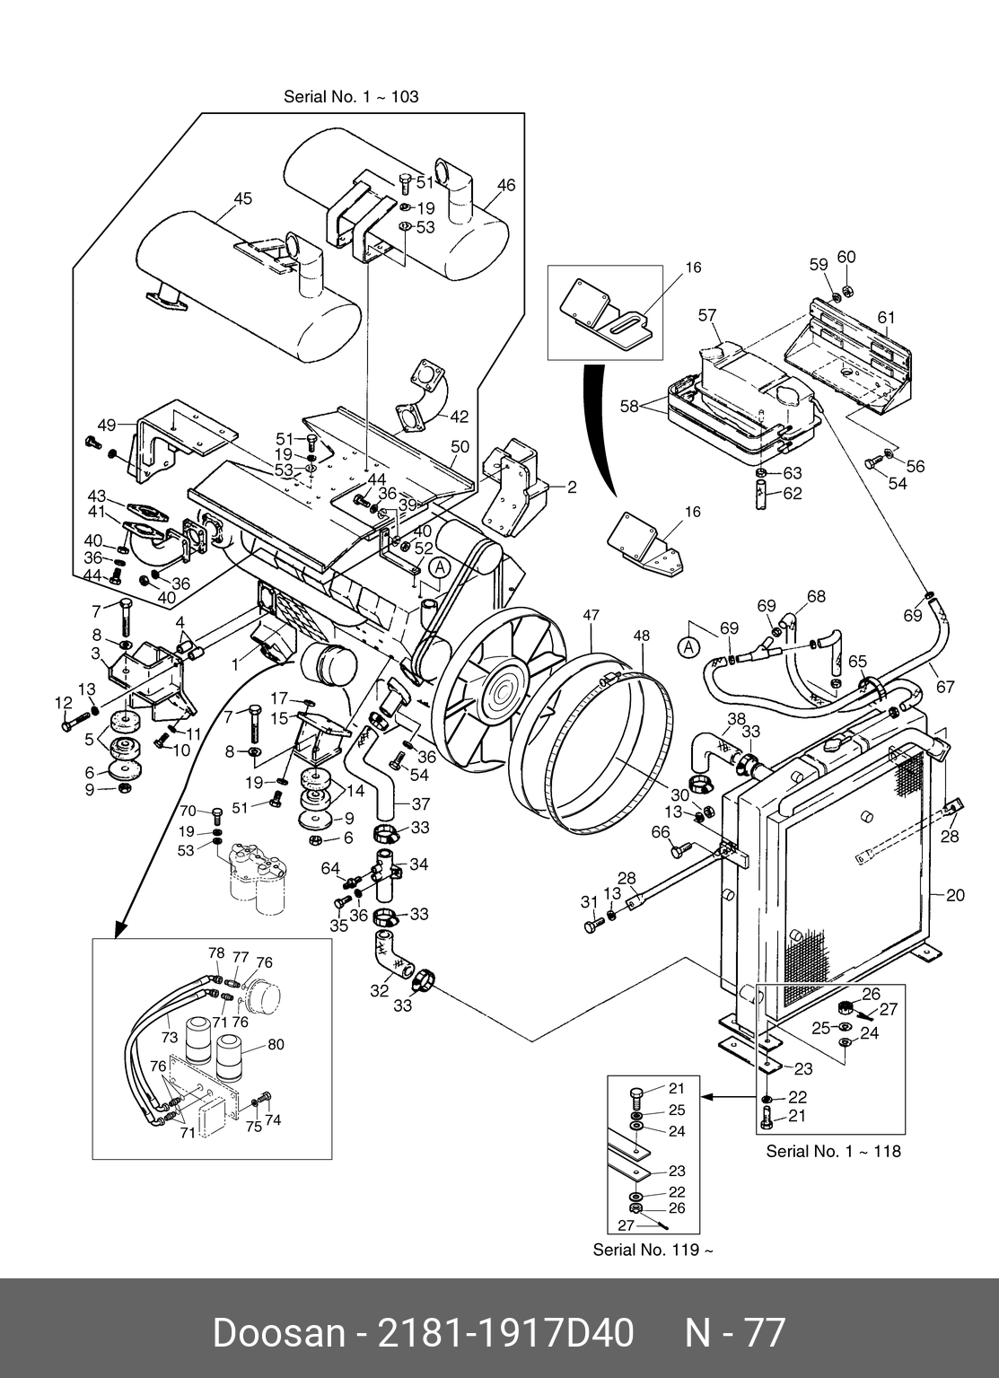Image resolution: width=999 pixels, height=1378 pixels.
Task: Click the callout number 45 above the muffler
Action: [x=243, y=199]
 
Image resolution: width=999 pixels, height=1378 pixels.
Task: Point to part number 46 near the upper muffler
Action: [x=506, y=185]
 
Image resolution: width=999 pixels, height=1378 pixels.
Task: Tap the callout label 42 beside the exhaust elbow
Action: [x=459, y=417]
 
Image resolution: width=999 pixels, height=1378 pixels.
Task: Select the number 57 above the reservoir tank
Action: [x=707, y=315]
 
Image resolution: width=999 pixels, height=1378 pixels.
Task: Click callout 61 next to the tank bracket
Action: [x=887, y=317]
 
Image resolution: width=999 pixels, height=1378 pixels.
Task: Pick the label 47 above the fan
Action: [x=591, y=616]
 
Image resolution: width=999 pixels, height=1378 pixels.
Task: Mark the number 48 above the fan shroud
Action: [x=641, y=636]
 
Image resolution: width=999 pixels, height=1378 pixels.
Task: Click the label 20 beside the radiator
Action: [x=955, y=895]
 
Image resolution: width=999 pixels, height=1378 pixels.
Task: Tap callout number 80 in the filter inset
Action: [x=276, y=1044]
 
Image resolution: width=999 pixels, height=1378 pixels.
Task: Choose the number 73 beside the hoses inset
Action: [x=170, y=1037]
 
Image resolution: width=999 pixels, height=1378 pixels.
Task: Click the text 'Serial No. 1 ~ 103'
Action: [x=351, y=96]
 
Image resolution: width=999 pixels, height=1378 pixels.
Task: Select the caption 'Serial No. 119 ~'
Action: [x=653, y=1250]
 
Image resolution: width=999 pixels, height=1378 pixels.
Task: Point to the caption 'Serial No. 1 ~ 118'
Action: [x=833, y=1151]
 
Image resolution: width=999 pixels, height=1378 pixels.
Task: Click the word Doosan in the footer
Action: [x=277, y=1334]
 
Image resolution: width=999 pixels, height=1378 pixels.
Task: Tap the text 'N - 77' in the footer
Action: [x=735, y=1334]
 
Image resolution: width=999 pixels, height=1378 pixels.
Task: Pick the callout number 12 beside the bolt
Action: [x=63, y=702]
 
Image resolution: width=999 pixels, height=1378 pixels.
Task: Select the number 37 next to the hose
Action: [x=420, y=804]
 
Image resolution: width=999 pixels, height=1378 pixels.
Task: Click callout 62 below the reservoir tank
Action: [x=792, y=493]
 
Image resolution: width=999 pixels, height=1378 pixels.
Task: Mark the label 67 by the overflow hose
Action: [x=945, y=687]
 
